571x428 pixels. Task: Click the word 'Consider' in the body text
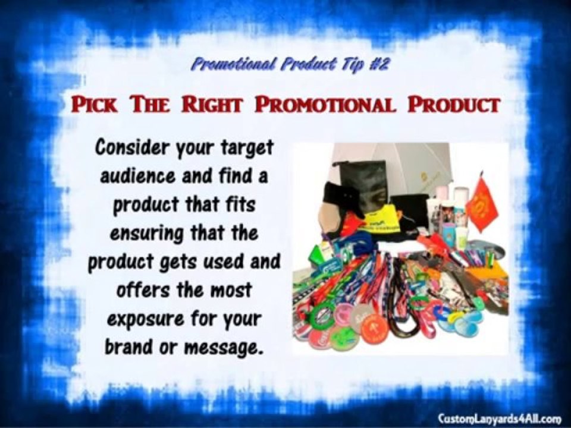pos(130,147)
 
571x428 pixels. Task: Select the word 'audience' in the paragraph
pos(138,176)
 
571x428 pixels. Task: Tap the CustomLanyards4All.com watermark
pos(500,418)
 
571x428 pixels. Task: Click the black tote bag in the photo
pos(363,181)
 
